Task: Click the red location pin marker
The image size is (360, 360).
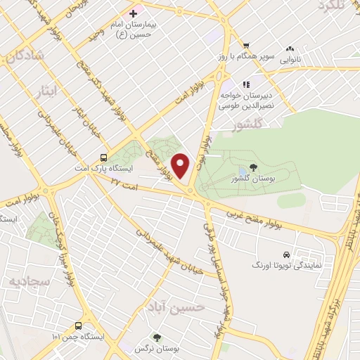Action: [182, 166]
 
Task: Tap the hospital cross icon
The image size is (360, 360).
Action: [133, 13]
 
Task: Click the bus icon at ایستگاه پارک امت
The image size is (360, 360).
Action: [103, 157]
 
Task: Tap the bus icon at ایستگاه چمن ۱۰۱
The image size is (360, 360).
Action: [78, 326]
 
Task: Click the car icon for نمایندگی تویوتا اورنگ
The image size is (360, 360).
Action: [285, 255]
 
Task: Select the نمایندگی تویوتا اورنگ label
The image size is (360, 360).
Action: [285, 266]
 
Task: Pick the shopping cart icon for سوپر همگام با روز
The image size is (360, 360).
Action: [246, 46]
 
